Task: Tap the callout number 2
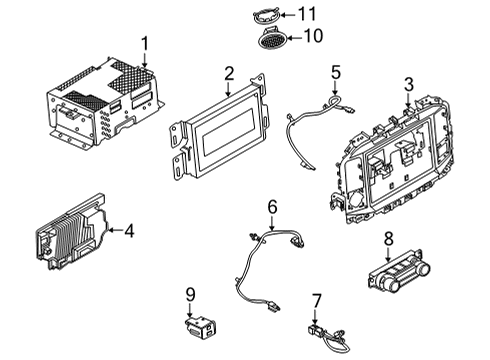coord(228,72)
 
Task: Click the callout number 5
coord(336,72)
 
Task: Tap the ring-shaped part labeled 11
coord(265,14)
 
